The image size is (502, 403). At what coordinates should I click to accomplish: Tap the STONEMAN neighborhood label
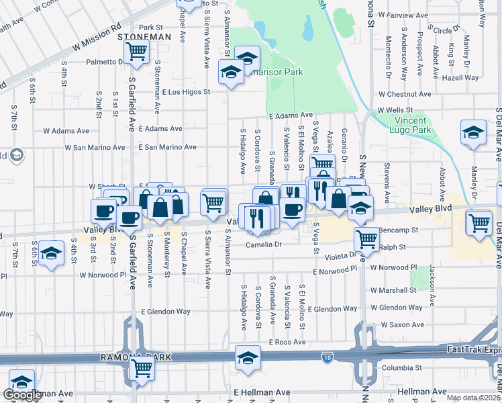pyautogui.click(x=144, y=38)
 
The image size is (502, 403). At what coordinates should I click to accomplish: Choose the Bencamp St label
pyautogui.click(x=399, y=230)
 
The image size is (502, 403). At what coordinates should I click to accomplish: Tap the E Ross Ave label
pyautogui.click(x=287, y=342)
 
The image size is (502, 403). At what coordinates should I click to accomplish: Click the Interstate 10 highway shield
pyautogui.click(x=328, y=355)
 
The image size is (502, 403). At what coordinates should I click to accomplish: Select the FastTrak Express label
pyautogui.click(x=474, y=350)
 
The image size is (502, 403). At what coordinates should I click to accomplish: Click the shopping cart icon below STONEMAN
pyautogui.click(x=137, y=51)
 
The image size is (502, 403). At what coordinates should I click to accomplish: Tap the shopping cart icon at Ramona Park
pyautogui.click(x=142, y=368)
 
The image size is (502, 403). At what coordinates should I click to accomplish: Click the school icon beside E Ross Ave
pyautogui.click(x=248, y=358)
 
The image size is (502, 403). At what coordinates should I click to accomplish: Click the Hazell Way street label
pyautogui.click(x=461, y=78)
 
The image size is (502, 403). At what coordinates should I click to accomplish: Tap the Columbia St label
pyautogui.click(x=401, y=367)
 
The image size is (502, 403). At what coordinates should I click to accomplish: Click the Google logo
pyautogui.click(x=22, y=395)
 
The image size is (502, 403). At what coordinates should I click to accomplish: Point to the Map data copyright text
pyautogui.click(x=474, y=398)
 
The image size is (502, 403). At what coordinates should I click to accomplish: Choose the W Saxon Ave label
pyautogui.click(x=403, y=324)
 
